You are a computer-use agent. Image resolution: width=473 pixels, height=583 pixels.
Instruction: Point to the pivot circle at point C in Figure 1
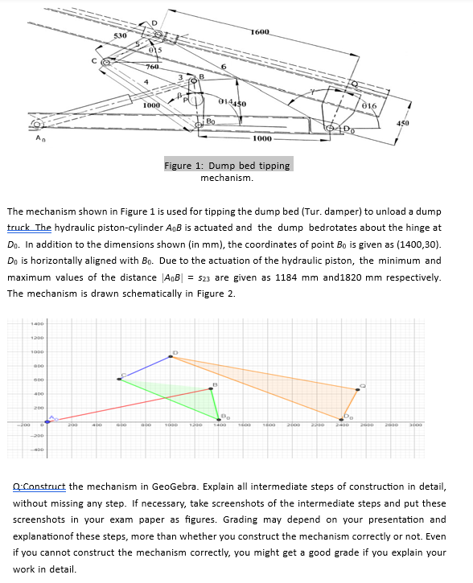click(x=105, y=60)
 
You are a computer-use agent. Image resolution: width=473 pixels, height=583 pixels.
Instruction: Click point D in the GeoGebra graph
click(x=171, y=356)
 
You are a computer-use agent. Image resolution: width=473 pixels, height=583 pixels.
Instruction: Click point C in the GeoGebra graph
click(x=120, y=379)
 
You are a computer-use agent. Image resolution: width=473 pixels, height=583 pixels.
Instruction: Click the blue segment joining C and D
click(x=146, y=367)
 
